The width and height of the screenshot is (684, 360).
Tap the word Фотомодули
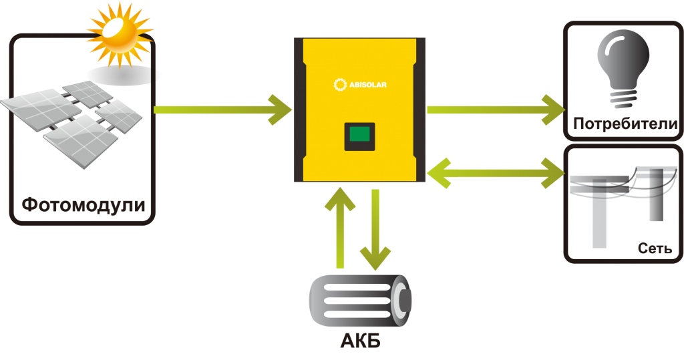[x=83, y=205]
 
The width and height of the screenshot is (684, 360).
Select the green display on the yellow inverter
[x=359, y=137]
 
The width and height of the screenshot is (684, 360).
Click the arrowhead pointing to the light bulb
[x=552, y=110]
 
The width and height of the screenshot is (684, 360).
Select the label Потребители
[x=625, y=124]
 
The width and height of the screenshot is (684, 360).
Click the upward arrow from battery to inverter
[x=341, y=227]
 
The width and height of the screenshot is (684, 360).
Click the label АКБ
[x=360, y=342]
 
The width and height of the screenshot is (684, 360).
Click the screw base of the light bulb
[x=623, y=100]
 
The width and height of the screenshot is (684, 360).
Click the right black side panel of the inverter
[x=419, y=110]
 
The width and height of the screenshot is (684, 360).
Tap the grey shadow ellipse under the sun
[x=124, y=74]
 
